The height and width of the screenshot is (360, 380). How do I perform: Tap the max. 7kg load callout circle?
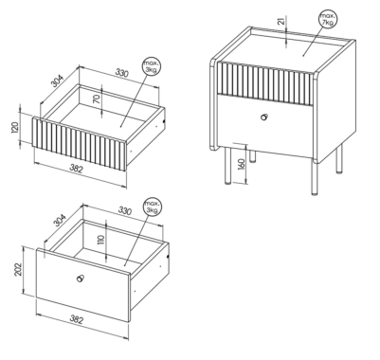point(328,19)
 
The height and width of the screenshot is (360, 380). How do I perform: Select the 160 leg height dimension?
point(242,165)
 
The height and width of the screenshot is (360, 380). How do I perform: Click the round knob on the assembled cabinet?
point(264,117)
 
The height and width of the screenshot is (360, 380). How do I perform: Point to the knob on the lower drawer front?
point(81,279)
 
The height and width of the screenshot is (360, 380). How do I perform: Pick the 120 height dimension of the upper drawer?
point(15,127)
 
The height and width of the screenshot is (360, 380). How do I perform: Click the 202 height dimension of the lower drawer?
point(19,269)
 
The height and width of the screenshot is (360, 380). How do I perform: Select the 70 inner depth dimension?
point(98,99)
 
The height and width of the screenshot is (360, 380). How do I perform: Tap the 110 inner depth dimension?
point(101,240)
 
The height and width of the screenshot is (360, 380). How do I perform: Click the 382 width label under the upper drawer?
point(76,169)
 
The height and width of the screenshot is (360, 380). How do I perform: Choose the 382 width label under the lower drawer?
point(76,320)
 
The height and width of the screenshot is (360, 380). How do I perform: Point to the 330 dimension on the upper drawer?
point(121,73)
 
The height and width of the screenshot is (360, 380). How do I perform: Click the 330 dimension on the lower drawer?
point(125,210)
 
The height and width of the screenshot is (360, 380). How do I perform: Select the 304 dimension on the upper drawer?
point(58,81)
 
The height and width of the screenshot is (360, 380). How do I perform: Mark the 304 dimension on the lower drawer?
point(60,221)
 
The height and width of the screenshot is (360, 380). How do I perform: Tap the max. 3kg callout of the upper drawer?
point(151,66)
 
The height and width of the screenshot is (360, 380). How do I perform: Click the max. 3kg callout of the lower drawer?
point(153,207)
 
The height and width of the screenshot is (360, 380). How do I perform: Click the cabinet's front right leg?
point(315,178)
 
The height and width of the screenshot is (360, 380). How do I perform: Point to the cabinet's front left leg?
point(228,166)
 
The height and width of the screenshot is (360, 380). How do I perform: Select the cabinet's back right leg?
point(339,158)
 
